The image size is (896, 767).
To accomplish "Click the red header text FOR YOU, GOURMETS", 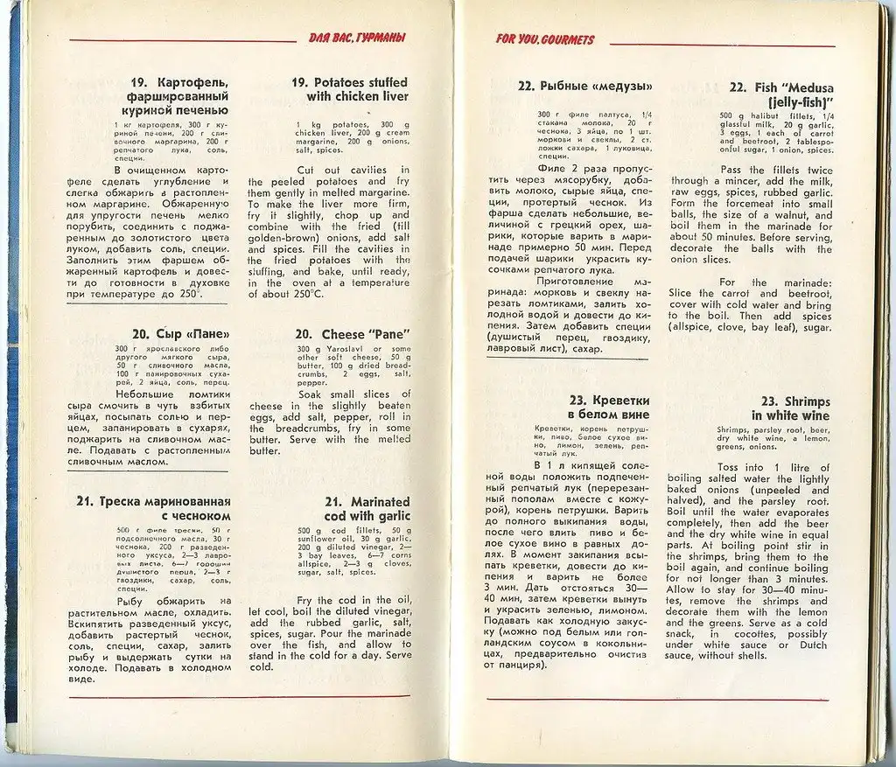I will pos(544,39).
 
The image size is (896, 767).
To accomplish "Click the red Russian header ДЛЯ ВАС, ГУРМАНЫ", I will pos(356,38).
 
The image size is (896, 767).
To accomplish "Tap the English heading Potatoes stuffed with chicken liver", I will pos(349,89).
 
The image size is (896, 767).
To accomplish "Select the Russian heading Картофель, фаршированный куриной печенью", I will pos(172,96).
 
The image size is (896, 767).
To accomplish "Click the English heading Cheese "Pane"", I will pos(353,335).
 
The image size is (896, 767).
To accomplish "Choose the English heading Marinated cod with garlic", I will pos(367,509).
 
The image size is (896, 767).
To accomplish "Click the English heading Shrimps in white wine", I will pos(790,408).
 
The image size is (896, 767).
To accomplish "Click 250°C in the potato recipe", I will pos(305,294).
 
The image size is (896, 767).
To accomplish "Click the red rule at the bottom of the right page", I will pos(656,700).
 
